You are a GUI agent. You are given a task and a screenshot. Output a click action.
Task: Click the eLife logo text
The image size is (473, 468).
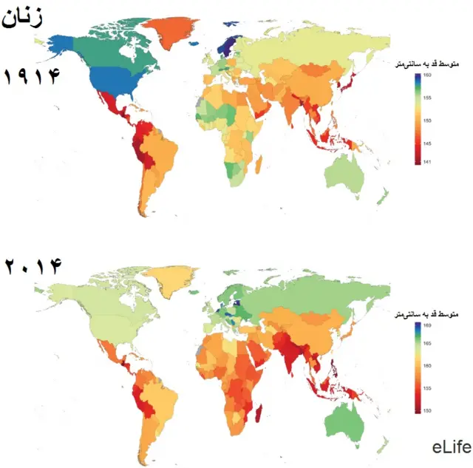pos(451,447)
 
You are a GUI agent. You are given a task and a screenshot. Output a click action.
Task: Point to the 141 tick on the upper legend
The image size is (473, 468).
pos(427,162)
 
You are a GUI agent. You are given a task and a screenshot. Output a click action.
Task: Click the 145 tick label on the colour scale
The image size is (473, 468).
pos(428,144)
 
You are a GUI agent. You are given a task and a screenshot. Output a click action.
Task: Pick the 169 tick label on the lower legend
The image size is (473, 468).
pos(428,325)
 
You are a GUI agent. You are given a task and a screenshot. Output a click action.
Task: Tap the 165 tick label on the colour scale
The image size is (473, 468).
pos(428,342)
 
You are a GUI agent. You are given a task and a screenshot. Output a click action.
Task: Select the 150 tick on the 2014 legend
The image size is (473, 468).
pos(428,410)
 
